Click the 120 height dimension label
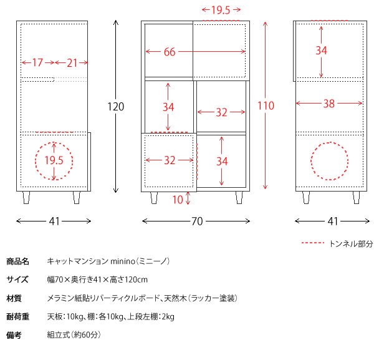(116, 107)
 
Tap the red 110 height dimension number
(266, 106)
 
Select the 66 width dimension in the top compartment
(170, 52)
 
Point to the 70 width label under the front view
(197, 221)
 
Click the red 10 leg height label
(178, 200)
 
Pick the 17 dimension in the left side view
(37, 62)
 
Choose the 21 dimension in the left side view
(72, 63)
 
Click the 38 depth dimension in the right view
(328, 104)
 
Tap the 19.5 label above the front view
(221, 10)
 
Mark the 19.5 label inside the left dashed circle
(54, 160)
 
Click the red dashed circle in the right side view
(311, 161)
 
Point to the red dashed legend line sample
(312, 243)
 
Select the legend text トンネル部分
(351, 244)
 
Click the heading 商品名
(17, 261)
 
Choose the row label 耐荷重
(17, 317)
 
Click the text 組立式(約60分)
(74, 335)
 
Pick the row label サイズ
(17, 280)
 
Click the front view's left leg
(154, 198)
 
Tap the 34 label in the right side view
(321, 51)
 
